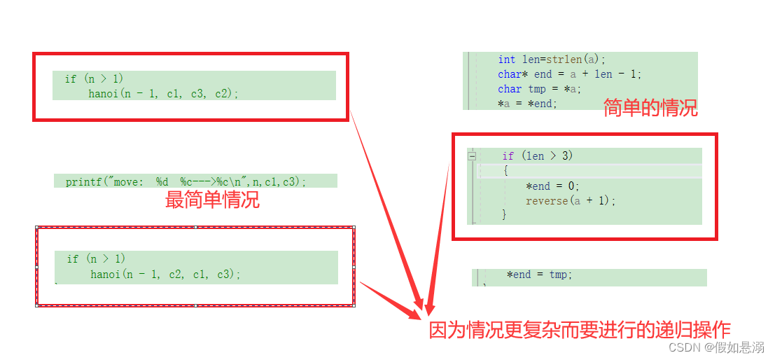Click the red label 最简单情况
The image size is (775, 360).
coord(212,200)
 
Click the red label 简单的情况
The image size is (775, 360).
coord(650,108)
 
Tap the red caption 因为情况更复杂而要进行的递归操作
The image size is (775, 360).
coord(580,330)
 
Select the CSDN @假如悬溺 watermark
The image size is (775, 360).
coord(715,347)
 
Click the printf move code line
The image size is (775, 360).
coord(186,181)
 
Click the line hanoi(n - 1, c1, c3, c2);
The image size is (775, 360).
coord(163,93)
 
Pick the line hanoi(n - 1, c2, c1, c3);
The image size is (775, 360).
coord(165,274)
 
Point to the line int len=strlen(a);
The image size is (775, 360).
coord(552,60)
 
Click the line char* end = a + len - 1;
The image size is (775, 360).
coord(569,74)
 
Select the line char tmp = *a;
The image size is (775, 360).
coord(539,89)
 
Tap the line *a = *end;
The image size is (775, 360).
coord(526,104)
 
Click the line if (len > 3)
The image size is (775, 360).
coord(537,155)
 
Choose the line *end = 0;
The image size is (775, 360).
coord(552,186)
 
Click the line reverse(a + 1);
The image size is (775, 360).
coord(571,201)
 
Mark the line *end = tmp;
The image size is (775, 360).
coord(539,275)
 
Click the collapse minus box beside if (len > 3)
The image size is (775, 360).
coord(473,156)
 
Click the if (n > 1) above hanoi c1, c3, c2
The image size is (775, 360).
coord(94,78)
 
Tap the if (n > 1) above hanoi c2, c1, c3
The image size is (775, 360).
coord(96,259)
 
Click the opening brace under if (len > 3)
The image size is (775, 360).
coord(505,171)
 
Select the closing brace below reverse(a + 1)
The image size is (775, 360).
coord(504,215)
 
